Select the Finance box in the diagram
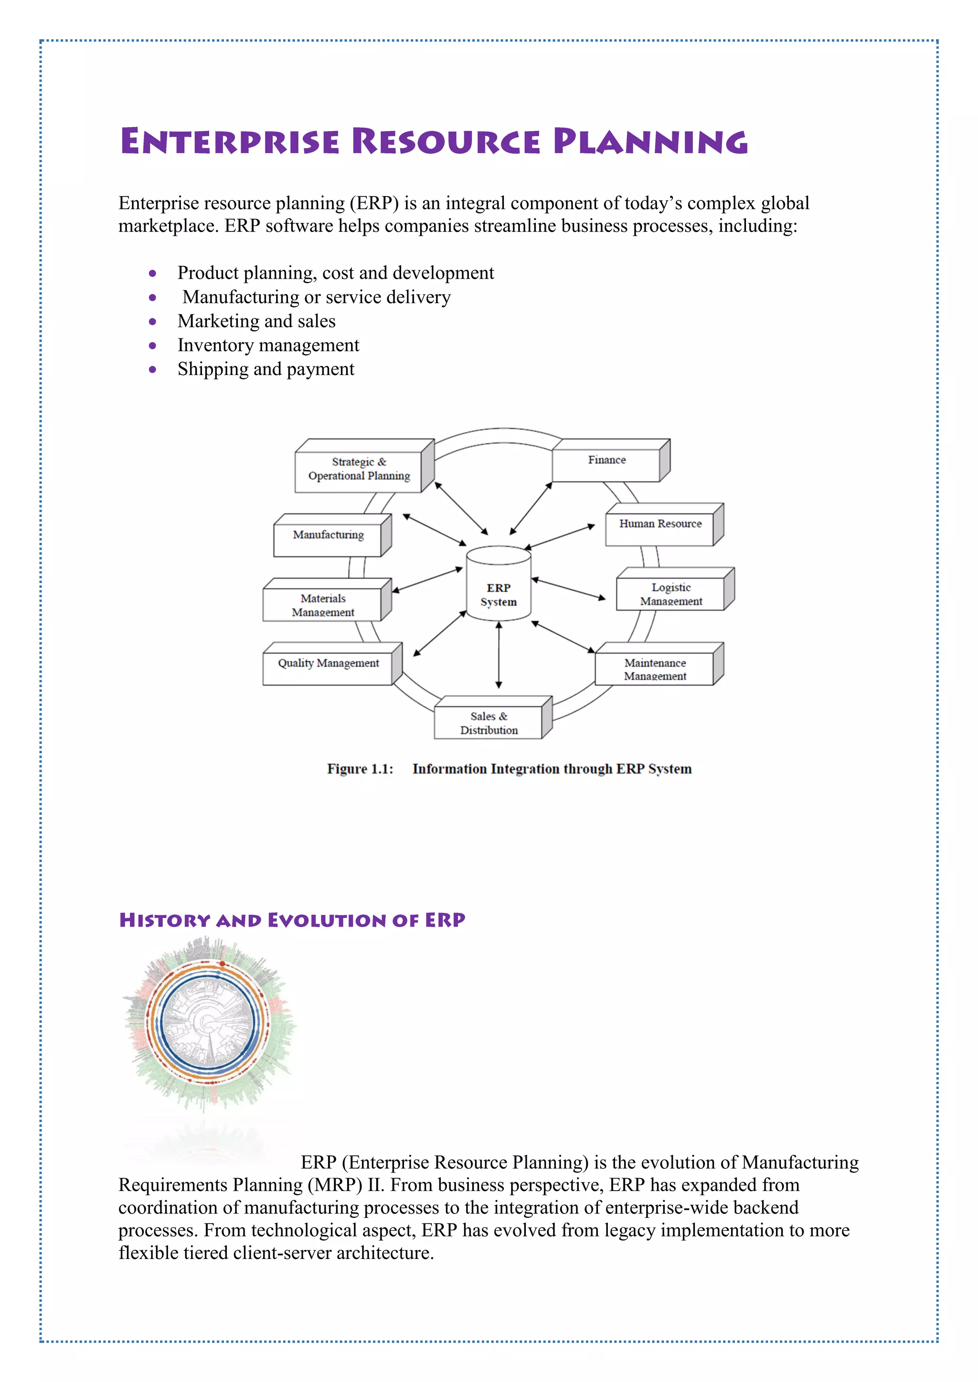tap(606, 461)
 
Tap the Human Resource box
tap(660, 524)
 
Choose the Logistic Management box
tap(671, 594)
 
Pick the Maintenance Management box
tap(655, 669)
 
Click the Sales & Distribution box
tap(489, 723)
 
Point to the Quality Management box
tap(328, 663)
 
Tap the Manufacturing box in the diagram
tap(328, 535)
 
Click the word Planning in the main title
tap(650, 142)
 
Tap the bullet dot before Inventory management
tap(153, 345)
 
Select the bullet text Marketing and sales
tap(256, 322)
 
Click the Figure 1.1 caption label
tap(360, 769)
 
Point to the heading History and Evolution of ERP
tap(292, 921)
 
